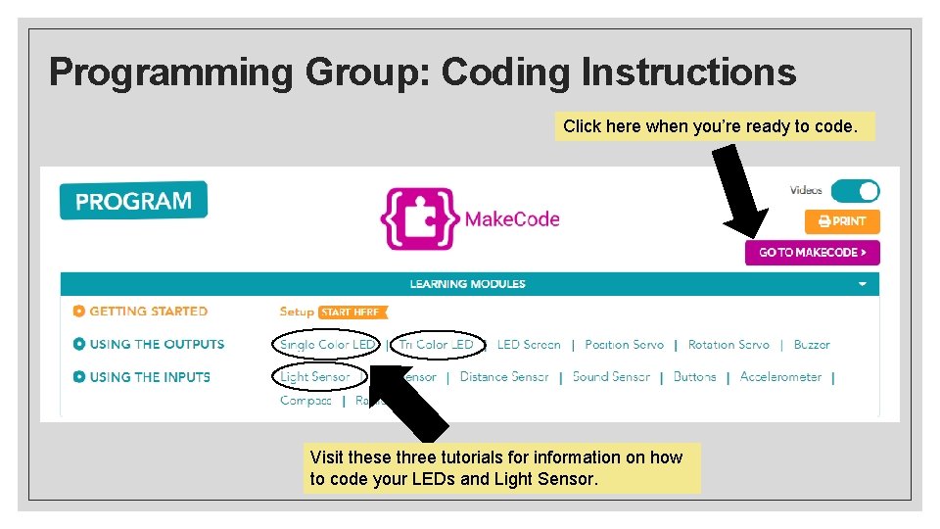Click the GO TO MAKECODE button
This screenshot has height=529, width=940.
(812, 253)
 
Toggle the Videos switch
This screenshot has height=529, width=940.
(855, 191)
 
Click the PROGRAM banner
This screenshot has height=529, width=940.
(133, 201)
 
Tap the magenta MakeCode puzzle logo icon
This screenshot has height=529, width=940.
(419, 218)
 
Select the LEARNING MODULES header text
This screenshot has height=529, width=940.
(467, 284)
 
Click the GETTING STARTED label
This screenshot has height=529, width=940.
(148, 312)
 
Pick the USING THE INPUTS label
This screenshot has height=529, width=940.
(150, 376)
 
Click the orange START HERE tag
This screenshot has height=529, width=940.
(352, 313)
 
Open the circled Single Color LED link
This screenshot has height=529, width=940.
(327, 344)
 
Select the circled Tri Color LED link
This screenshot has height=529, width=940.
(437, 344)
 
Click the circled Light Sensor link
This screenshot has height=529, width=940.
(315, 376)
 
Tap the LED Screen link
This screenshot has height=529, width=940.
(529, 344)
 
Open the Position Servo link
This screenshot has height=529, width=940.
(624, 344)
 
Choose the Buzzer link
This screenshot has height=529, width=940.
(812, 344)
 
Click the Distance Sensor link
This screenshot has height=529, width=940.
(503, 376)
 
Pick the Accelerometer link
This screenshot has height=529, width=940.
(780, 376)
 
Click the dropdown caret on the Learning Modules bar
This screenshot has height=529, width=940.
(863, 284)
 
